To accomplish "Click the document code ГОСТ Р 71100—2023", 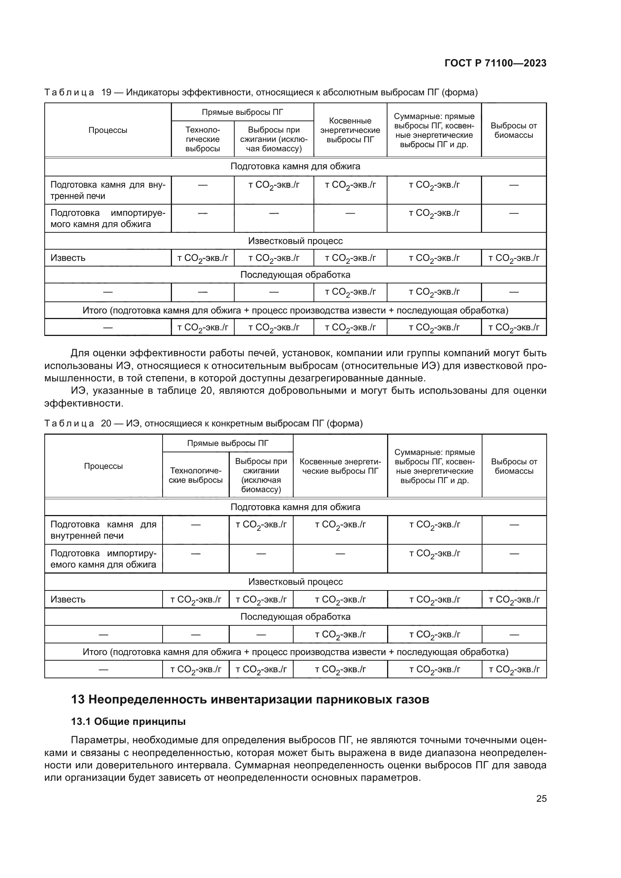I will click(495, 63).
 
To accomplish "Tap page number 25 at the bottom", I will click(541, 798).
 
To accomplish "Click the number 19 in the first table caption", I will click(106, 93).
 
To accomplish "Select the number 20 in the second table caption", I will click(106, 423).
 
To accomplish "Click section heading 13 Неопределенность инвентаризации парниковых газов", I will click(250, 699).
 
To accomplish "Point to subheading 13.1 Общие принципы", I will click(128, 721).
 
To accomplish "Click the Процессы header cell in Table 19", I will click(108, 130).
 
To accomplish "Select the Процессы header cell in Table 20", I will click(103, 466).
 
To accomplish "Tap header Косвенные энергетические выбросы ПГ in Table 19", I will click(350, 130).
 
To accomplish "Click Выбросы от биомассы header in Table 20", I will click(514, 466).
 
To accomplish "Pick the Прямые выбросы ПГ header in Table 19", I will click(243, 112).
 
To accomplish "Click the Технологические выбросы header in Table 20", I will click(195, 475).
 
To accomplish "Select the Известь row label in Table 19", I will click(68, 258).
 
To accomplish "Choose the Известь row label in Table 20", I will click(68, 599).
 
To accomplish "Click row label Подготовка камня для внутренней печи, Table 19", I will click(108, 190).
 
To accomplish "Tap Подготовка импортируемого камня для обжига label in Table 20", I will click(103, 559).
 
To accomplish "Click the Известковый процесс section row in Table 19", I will click(295, 241).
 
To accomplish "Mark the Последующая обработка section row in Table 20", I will click(295, 616).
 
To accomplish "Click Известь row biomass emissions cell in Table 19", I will click(514, 258).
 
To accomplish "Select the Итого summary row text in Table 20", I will click(295, 652).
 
